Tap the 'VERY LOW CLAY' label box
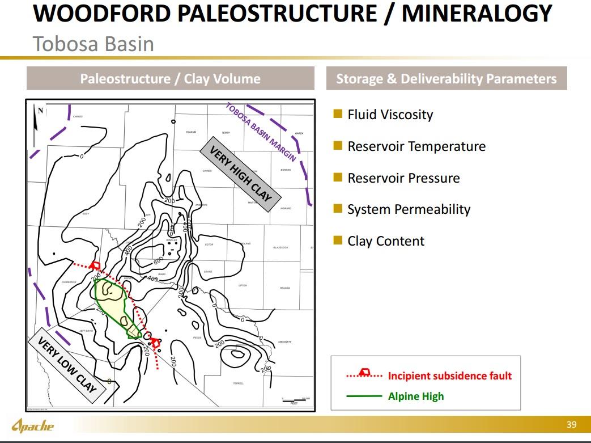point(67,365)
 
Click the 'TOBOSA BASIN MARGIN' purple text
point(261,132)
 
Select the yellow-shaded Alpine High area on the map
point(113,301)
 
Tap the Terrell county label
point(239,383)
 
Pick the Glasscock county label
point(280,247)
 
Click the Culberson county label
point(69,282)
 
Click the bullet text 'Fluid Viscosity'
point(390,115)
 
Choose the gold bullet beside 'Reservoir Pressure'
point(338,178)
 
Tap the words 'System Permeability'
point(409,209)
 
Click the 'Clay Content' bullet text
point(385,241)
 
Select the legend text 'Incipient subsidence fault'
point(449,376)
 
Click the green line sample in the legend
point(363,396)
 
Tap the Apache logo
point(33,425)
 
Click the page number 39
point(571,425)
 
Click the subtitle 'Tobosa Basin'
point(93,44)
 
